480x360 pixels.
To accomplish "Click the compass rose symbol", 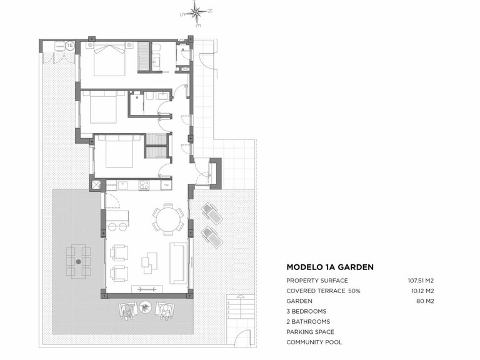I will [196, 12].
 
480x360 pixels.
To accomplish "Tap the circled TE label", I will [70, 46].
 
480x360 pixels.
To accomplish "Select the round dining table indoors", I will [167, 220].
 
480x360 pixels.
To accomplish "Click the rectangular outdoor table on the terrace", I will [79, 261].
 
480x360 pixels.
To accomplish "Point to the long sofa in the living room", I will [178, 262].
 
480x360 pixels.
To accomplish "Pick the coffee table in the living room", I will [149, 262].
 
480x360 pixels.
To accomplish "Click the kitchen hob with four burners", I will [144, 185].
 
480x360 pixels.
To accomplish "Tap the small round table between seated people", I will [146, 307].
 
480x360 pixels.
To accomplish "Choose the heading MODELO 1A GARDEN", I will [329, 267].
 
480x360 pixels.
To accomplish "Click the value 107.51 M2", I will [421, 281].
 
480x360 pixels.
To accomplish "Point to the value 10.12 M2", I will [422, 291].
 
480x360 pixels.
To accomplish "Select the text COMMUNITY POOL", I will [314, 342].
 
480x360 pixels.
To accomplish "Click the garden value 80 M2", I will [425, 301].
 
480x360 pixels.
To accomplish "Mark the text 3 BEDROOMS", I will [306, 311].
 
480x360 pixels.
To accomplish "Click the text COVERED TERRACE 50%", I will [323, 291].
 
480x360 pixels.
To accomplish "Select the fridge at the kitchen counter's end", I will [166, 185].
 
